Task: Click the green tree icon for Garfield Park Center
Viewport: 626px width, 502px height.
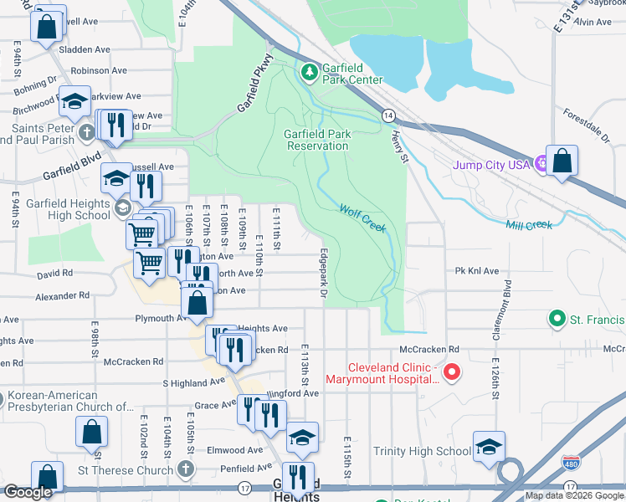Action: point(310,73)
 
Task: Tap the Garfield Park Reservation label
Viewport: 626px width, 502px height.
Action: point(316,140)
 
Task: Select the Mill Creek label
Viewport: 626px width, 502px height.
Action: point(529,225)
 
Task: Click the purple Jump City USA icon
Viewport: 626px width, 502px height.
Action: point(541,165)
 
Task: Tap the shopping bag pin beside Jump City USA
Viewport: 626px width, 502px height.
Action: point(564,161)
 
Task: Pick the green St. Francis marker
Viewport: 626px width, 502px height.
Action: point(556,320)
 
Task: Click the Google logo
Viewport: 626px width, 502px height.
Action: point(28,492)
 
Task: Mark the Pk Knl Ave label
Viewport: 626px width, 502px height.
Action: point(477,271)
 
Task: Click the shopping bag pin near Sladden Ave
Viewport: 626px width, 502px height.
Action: point(48,25)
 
